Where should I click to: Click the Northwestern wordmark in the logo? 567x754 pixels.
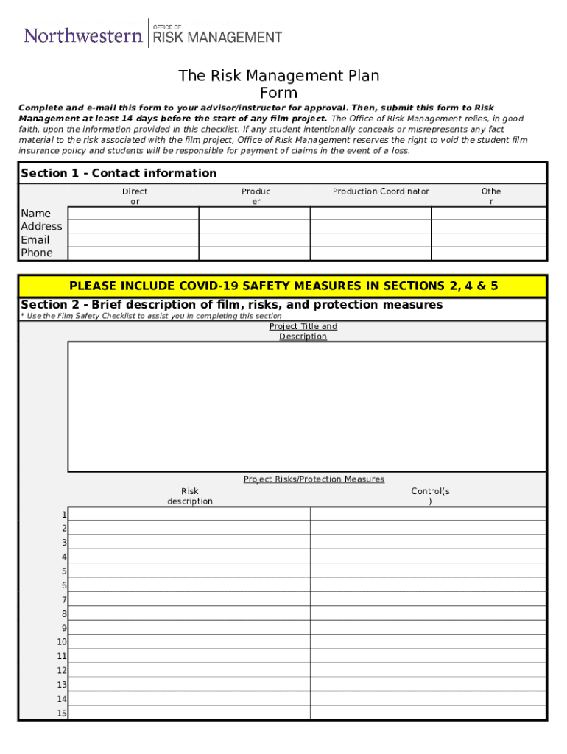tap(83, 35)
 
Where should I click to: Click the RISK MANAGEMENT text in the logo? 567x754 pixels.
tap(216, 38)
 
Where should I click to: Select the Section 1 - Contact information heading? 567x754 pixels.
tap(119, 173)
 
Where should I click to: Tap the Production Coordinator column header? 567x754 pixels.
tap(381, 191)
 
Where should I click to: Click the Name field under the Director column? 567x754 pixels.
tap(133, 214)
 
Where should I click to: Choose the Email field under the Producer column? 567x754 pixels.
tap(255, 240)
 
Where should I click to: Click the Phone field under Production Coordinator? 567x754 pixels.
tap(370, 253)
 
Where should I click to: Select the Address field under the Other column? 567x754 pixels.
tap(489, 227)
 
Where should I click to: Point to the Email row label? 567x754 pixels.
tap(35, 240)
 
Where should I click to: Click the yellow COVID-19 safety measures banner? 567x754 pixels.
tap(283, 286)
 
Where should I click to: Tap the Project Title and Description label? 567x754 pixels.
tap(303, 331)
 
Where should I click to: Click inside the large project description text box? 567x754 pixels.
tap(307, 406)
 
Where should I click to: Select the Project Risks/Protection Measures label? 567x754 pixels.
tap(314, 479)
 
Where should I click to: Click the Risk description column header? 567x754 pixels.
tap(190, 496)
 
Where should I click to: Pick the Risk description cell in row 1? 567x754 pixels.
tap(189, 514)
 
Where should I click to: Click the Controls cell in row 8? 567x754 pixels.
tap(428, 613)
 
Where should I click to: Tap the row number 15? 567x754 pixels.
tap(62, 713)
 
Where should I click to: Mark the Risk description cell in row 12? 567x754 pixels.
tap(189, 670)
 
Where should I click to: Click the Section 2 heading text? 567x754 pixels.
tap(232, 305)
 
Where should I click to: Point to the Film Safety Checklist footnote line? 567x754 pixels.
tap(151, 316)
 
